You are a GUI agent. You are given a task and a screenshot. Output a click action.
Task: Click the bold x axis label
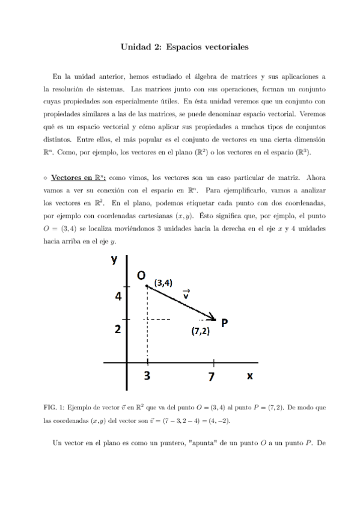click(x=249, y=375)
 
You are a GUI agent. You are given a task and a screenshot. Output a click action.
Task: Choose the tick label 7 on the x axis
click(x=212, y=377)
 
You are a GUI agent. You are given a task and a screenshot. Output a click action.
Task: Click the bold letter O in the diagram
click(x=141, y=275)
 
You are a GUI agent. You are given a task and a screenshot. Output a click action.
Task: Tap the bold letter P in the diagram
click(x=224, y=322)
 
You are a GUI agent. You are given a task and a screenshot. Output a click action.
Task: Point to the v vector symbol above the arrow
click(x=186, y=294)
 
